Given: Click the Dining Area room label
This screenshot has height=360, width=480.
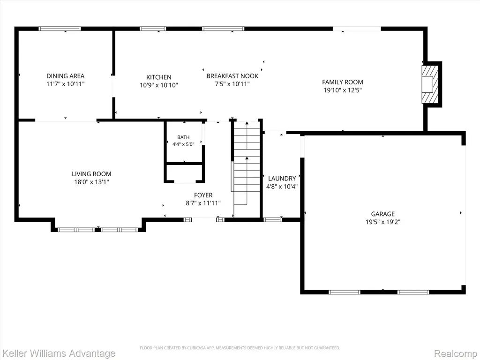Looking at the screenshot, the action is tap(65, 76).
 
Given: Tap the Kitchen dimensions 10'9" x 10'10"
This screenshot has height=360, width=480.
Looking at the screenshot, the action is tap(159, 85).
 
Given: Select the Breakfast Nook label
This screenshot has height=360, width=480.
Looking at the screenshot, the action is tap(232, 76).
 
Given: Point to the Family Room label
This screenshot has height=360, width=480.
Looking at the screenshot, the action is tap(343, 82).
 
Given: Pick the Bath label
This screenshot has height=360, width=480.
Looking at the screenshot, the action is tap(183, 137).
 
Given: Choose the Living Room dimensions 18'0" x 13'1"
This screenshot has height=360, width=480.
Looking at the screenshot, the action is tap(91, 182).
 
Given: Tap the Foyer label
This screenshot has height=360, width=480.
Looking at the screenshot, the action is tap(203, 195).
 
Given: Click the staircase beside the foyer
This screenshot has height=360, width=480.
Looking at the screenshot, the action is tap(247, 163).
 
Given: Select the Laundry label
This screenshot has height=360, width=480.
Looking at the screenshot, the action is tap(282, 179).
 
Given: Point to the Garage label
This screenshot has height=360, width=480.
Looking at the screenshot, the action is tap(383, 214).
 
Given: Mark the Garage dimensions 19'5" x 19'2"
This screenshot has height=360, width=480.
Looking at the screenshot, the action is tap(383, 222).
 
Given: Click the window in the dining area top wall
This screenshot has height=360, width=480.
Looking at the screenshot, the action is tap(60, 29).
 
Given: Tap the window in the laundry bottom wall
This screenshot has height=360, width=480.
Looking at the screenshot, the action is tap(273, 219).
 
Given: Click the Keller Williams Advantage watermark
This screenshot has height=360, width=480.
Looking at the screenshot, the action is tap(58, 353).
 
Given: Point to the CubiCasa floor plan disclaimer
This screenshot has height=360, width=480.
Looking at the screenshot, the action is tap(240, 348).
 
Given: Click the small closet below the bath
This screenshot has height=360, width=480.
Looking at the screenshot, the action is tap(185, 173).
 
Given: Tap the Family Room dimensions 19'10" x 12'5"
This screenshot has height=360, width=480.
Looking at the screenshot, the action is tap(343, 90).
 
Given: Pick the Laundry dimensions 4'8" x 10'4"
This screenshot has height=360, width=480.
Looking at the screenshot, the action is tap(282, 187).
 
